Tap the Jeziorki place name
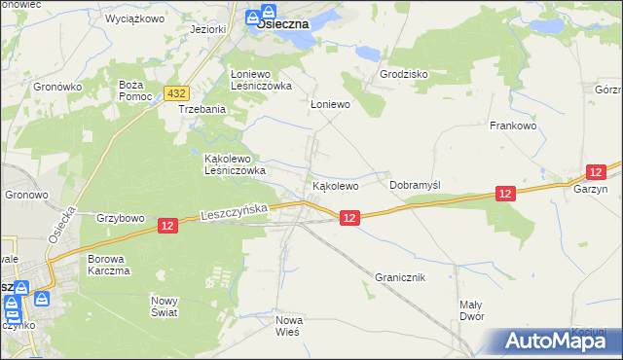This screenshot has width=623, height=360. tap(209, 29)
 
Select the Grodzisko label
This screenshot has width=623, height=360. tap(404, 74)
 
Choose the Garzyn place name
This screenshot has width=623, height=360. tap(590, 190)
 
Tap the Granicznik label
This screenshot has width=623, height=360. tap(399, 277)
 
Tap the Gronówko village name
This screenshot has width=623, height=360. tap(55, 87)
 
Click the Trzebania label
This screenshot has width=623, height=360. tap(202, 110)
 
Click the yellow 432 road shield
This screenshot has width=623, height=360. tap(176, 92)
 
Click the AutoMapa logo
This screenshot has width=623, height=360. tap(551, 341)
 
